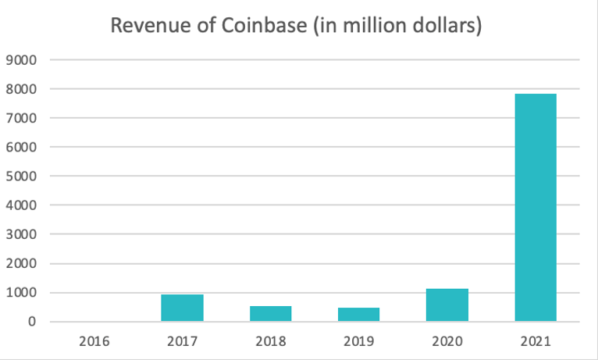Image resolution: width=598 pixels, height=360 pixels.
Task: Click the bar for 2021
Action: (x=536, y=207)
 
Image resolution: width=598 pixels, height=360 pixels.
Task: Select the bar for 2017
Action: (x=182, y=308)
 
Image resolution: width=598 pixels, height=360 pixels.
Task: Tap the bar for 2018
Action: (x=270, y=313)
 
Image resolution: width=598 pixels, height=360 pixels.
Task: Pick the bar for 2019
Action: (x=358, y=314)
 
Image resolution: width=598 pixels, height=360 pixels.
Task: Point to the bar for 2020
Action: (x=447, y=305)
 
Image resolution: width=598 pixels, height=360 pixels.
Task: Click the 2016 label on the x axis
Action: (x=94, y=341)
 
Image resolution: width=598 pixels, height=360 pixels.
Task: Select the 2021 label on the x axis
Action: (x=536, y=341)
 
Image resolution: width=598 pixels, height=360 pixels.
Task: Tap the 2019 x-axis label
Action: (x=358, y=341)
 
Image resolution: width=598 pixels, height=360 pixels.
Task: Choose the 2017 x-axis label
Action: (x=182, y=341)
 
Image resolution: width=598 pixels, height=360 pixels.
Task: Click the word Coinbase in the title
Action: (x=259, y=26)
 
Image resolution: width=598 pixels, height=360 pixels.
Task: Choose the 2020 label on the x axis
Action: (x=447, y=341)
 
